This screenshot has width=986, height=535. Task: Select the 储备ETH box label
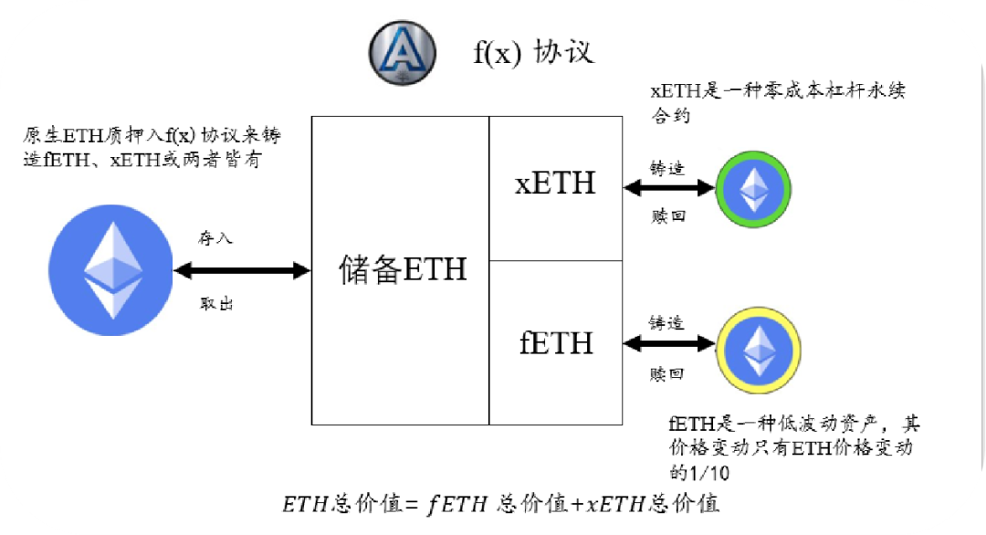[x=403, y=270]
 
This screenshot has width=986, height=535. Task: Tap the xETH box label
[x=555, y=184]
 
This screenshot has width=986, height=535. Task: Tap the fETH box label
[x=555, y=343]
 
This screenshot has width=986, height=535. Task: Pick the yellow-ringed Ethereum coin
[x=758, y=347]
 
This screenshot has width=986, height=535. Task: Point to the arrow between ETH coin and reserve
[x=242, y=270]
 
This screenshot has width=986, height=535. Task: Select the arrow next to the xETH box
[x=667, y=187]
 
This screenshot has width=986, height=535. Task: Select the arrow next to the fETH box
[x=667, y=344]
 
